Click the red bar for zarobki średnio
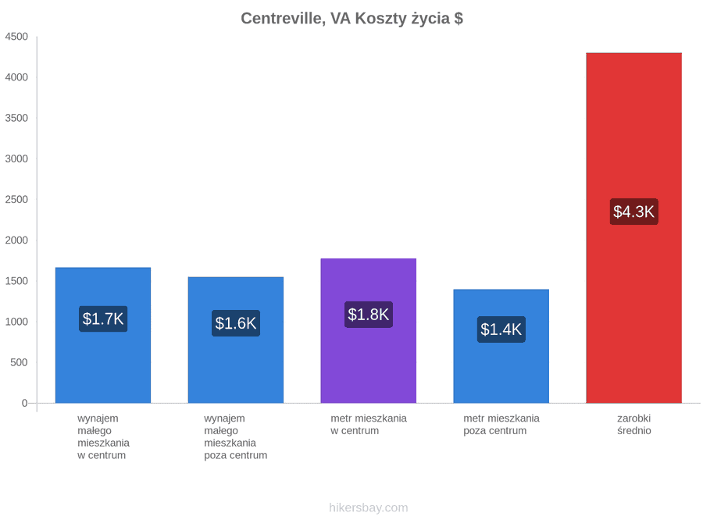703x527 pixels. point(633,228)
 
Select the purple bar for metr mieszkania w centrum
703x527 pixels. point(368,331)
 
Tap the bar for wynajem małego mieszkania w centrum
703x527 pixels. point(102,335)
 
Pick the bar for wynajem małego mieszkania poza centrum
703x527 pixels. point(235,340)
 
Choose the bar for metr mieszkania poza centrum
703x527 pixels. point(501,346)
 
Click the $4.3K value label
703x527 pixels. point(633,212)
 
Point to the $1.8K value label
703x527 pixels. point(368,315)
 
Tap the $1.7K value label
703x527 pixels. point(102,319)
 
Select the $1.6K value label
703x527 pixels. point(235,323)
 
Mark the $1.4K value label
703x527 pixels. point(501,329)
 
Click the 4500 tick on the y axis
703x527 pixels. point(16,37)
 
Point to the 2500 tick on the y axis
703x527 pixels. point(16,199)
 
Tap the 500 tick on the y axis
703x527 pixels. point(20,362)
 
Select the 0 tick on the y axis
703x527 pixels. point(25,403)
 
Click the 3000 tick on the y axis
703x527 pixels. point(16,158)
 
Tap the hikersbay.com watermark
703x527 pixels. point(369,507)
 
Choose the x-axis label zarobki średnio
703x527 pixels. point(634,425)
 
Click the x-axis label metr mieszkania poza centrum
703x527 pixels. point(501,425)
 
